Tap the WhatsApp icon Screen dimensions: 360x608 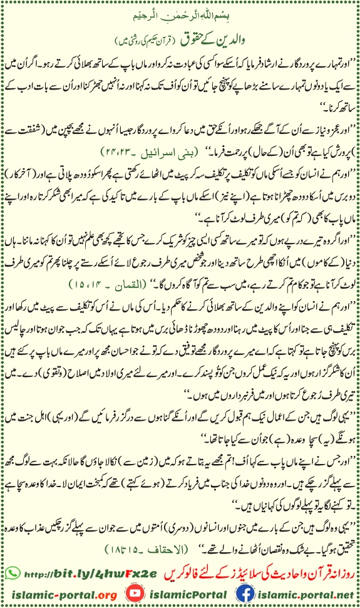[x=11, y=573]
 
